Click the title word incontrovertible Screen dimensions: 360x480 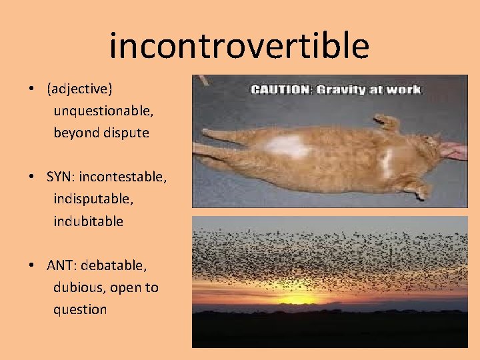pyautogui.click(x=239, y=45)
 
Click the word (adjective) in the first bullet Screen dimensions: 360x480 pyautogui.click(x=79, y=88)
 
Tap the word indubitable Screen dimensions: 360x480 pyautogui.click(x=88, y=221)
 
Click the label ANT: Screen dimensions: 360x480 pyautogui.click(x=63, y=265)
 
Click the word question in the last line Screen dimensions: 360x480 pyautogui.click(x=80, y=309)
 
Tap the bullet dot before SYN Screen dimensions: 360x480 pyautogui.click(x=32, y=177)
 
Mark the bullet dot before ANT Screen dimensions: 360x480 pyautogui.click(x=32, y=265)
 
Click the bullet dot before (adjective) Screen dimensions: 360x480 pyautogui.click(x=32, y=88)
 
